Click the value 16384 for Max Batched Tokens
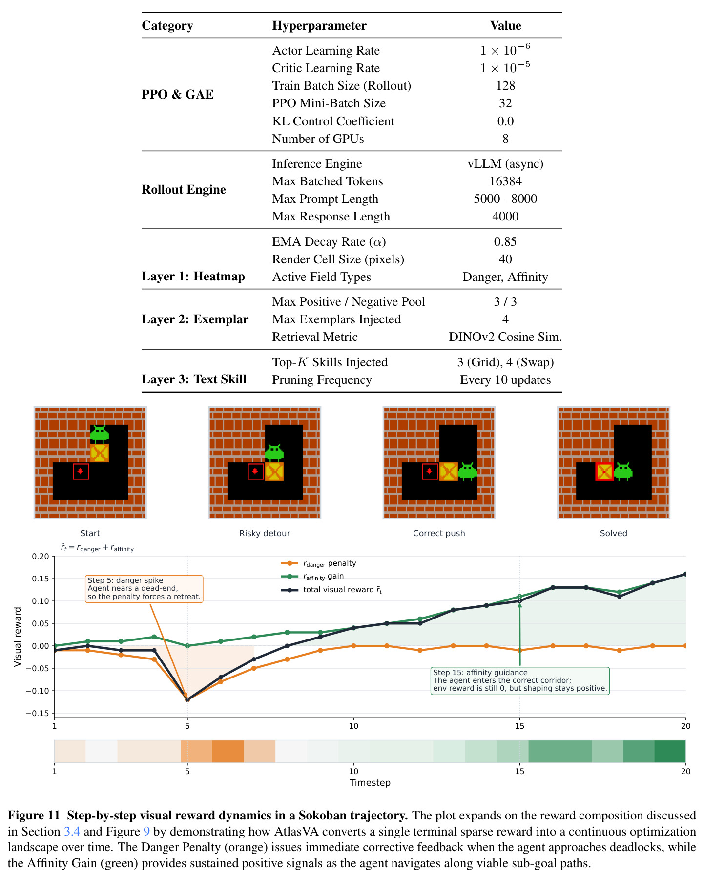pyautogui.click(x=505, y=181)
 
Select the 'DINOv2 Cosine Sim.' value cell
pyautogui.click(x=505, y=337)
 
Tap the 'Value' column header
pyautogui.click(x=505, y=26)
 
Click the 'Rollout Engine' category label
pyautogui.click(x=184, y=190)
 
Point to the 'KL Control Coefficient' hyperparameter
pyautogui.click(x=333, y=121)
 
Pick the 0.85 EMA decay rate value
pyautogui.click(x=505, y=242)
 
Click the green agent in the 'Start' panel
pyautogui.click(x=100, y=434)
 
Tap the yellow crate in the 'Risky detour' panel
pyautogui.click(x=274, y=472)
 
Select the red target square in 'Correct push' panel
pyautogui.click(x=430, y=471)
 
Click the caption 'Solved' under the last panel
pyautogui.click(x=613, y=533)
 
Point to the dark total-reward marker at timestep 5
pyautogui.click(x=187, y=699)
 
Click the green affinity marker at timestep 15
pyautogui.click(x=519, y=597)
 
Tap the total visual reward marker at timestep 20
pyautogui.click(x=685, y=574)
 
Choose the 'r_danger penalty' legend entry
pyautogui.click(x=319, y=563)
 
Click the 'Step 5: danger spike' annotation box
pyautogui.click(x=144, y=589)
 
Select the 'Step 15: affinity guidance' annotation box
pyautogui.click(x=520, y=681)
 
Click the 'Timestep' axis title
pyautogui.click(x=370, y=783)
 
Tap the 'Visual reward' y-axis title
pyautogui.click(x=18, y=637)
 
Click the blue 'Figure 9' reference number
pyautogui.click(x=146, y=832)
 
